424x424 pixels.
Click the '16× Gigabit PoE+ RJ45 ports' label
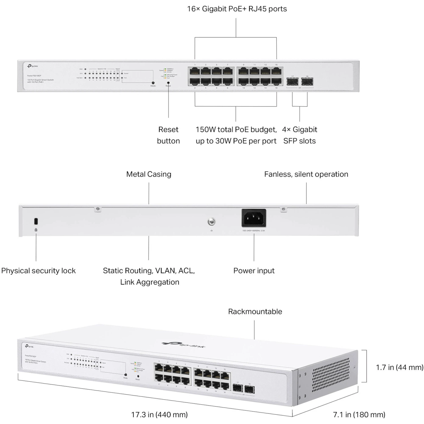pos(237,9)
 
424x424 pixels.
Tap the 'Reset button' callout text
pos(168,135)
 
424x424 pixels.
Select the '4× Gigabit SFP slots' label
pos(300,135)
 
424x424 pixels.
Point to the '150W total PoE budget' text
pos(236,130)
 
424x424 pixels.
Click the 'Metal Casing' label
pos(149,174)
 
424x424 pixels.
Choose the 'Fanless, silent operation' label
pos(306,174)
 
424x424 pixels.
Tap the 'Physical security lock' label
pos(38,271)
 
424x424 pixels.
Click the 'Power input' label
pos(254,271)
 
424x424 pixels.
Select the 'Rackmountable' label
pos(255,311)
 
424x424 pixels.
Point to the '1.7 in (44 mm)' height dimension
pos(399,367)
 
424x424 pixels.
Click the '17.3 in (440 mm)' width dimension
pos(159,415)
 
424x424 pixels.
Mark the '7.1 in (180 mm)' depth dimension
pos(359,415)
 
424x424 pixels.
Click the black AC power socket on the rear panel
pos(254,218)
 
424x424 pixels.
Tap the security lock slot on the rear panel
pos(36,221)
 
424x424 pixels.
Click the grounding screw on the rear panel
pos(211,222)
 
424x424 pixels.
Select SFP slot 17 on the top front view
pos(292,82)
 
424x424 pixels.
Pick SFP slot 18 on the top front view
pos(307,82)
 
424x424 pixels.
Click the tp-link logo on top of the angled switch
pos(184,344)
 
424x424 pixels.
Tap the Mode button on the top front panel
pos(153,83)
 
